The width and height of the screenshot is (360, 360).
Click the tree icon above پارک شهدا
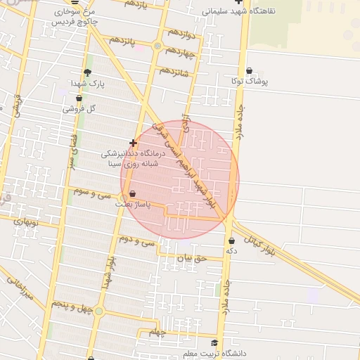click(x=87, y=72)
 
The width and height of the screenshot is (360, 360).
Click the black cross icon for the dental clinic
click(x=133, y=143)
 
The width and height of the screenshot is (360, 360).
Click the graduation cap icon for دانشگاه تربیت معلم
click(x=214, y=343)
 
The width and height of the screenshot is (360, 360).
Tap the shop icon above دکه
click(x=231, y=241)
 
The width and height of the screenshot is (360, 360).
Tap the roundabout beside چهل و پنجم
click(x=99, y=310)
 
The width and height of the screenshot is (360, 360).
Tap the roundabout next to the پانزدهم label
click(x=157, y=46)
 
